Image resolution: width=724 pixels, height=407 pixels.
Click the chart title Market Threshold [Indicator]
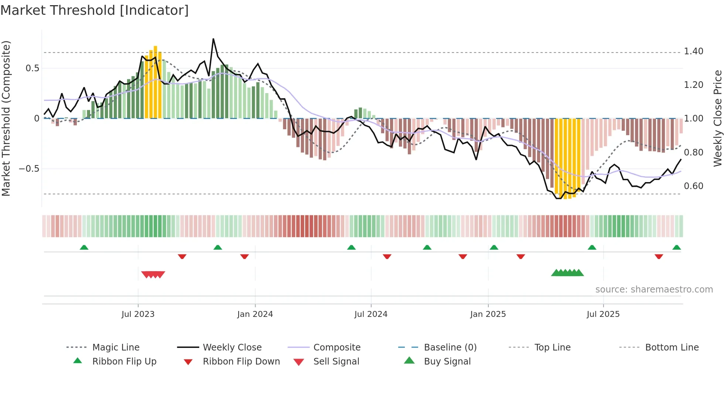click(95, 10)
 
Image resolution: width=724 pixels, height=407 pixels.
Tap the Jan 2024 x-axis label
click(255, 314)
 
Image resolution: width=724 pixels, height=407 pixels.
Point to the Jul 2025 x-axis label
click(603, 314)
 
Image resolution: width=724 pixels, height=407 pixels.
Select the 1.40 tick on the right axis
click(693, 51)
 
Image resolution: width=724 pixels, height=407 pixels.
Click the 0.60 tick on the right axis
click(693, 186)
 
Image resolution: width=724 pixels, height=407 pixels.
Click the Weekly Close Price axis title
click(717, 118)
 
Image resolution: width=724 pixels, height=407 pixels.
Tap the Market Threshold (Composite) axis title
click(6, 118)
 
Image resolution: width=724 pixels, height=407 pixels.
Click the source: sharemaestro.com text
click(654, 290)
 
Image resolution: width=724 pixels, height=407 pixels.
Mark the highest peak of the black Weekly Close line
click(214, 39)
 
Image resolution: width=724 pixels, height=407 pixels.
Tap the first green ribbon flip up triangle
click(84, 247)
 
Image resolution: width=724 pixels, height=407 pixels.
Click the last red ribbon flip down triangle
click(659, 256)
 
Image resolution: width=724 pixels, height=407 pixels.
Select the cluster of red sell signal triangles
click(153, 274)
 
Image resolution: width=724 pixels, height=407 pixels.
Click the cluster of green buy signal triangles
click(567, 273)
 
